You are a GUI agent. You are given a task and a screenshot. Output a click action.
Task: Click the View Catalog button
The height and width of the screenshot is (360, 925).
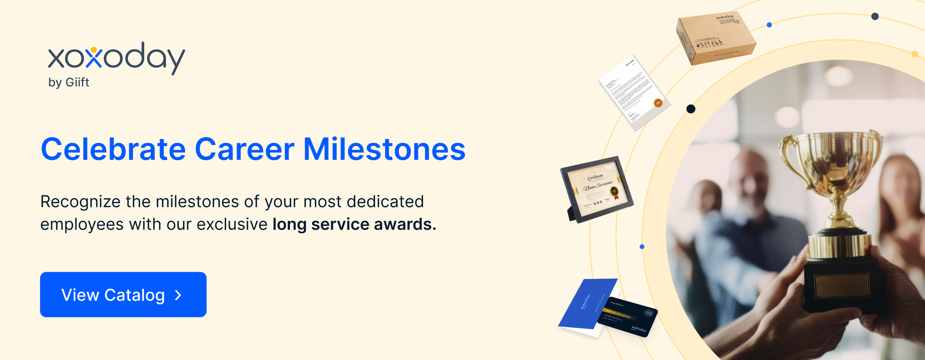tap(123, 295)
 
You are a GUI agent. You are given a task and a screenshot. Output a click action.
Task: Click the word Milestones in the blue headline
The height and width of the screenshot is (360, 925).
tap(384, 149)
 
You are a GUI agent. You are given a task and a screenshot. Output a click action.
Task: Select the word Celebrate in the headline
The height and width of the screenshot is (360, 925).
tap(113, 149)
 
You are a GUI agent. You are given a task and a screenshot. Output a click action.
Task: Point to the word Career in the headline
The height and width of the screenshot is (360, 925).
tap(244, 149)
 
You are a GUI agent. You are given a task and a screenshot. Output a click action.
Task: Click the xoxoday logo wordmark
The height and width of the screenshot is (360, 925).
tap(116, 58)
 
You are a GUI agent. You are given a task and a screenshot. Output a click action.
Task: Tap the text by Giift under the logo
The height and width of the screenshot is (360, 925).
tap(68, 82)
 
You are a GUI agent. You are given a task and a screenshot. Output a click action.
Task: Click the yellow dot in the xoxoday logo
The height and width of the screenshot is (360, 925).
tap(94, 50)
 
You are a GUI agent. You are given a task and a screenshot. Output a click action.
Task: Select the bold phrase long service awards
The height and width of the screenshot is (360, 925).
tap(354, 224)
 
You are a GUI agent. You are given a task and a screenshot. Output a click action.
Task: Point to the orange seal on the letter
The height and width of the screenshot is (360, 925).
tap(658, 103)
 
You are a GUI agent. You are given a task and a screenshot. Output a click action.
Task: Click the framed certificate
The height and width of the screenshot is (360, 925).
tap(597, 189)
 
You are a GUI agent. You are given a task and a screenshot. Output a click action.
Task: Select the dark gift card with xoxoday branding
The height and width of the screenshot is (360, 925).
tap(628, 316)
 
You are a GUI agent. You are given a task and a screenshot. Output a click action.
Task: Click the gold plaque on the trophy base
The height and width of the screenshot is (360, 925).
tap(841, 285)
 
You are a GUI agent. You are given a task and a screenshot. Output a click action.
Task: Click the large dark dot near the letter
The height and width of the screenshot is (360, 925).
tap(691, 109)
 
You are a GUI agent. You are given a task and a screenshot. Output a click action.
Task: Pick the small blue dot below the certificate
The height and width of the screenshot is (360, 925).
tap(642, 247)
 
